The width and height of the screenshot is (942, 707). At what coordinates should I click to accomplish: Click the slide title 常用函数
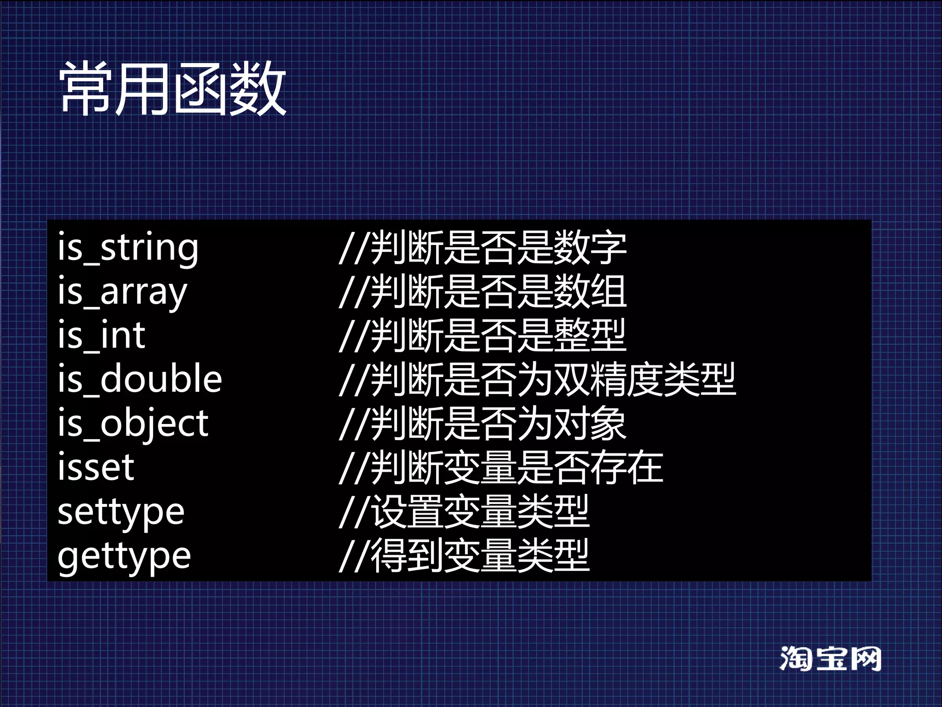pyautogui.click(x=173, y=88)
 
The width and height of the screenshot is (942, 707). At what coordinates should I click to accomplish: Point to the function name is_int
pyautogui.click(x=102, y=335)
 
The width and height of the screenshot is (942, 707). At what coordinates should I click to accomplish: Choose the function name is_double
pyautogui.click(x=140, y=379)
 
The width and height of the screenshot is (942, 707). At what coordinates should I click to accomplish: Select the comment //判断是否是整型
pyautogui.click(x=482, y=335)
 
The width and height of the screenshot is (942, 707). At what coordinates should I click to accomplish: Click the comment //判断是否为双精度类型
pyautogui.click(x=537, y=379)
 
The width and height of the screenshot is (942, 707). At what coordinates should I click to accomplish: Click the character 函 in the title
pyautogui.click(x=201, y=88)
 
